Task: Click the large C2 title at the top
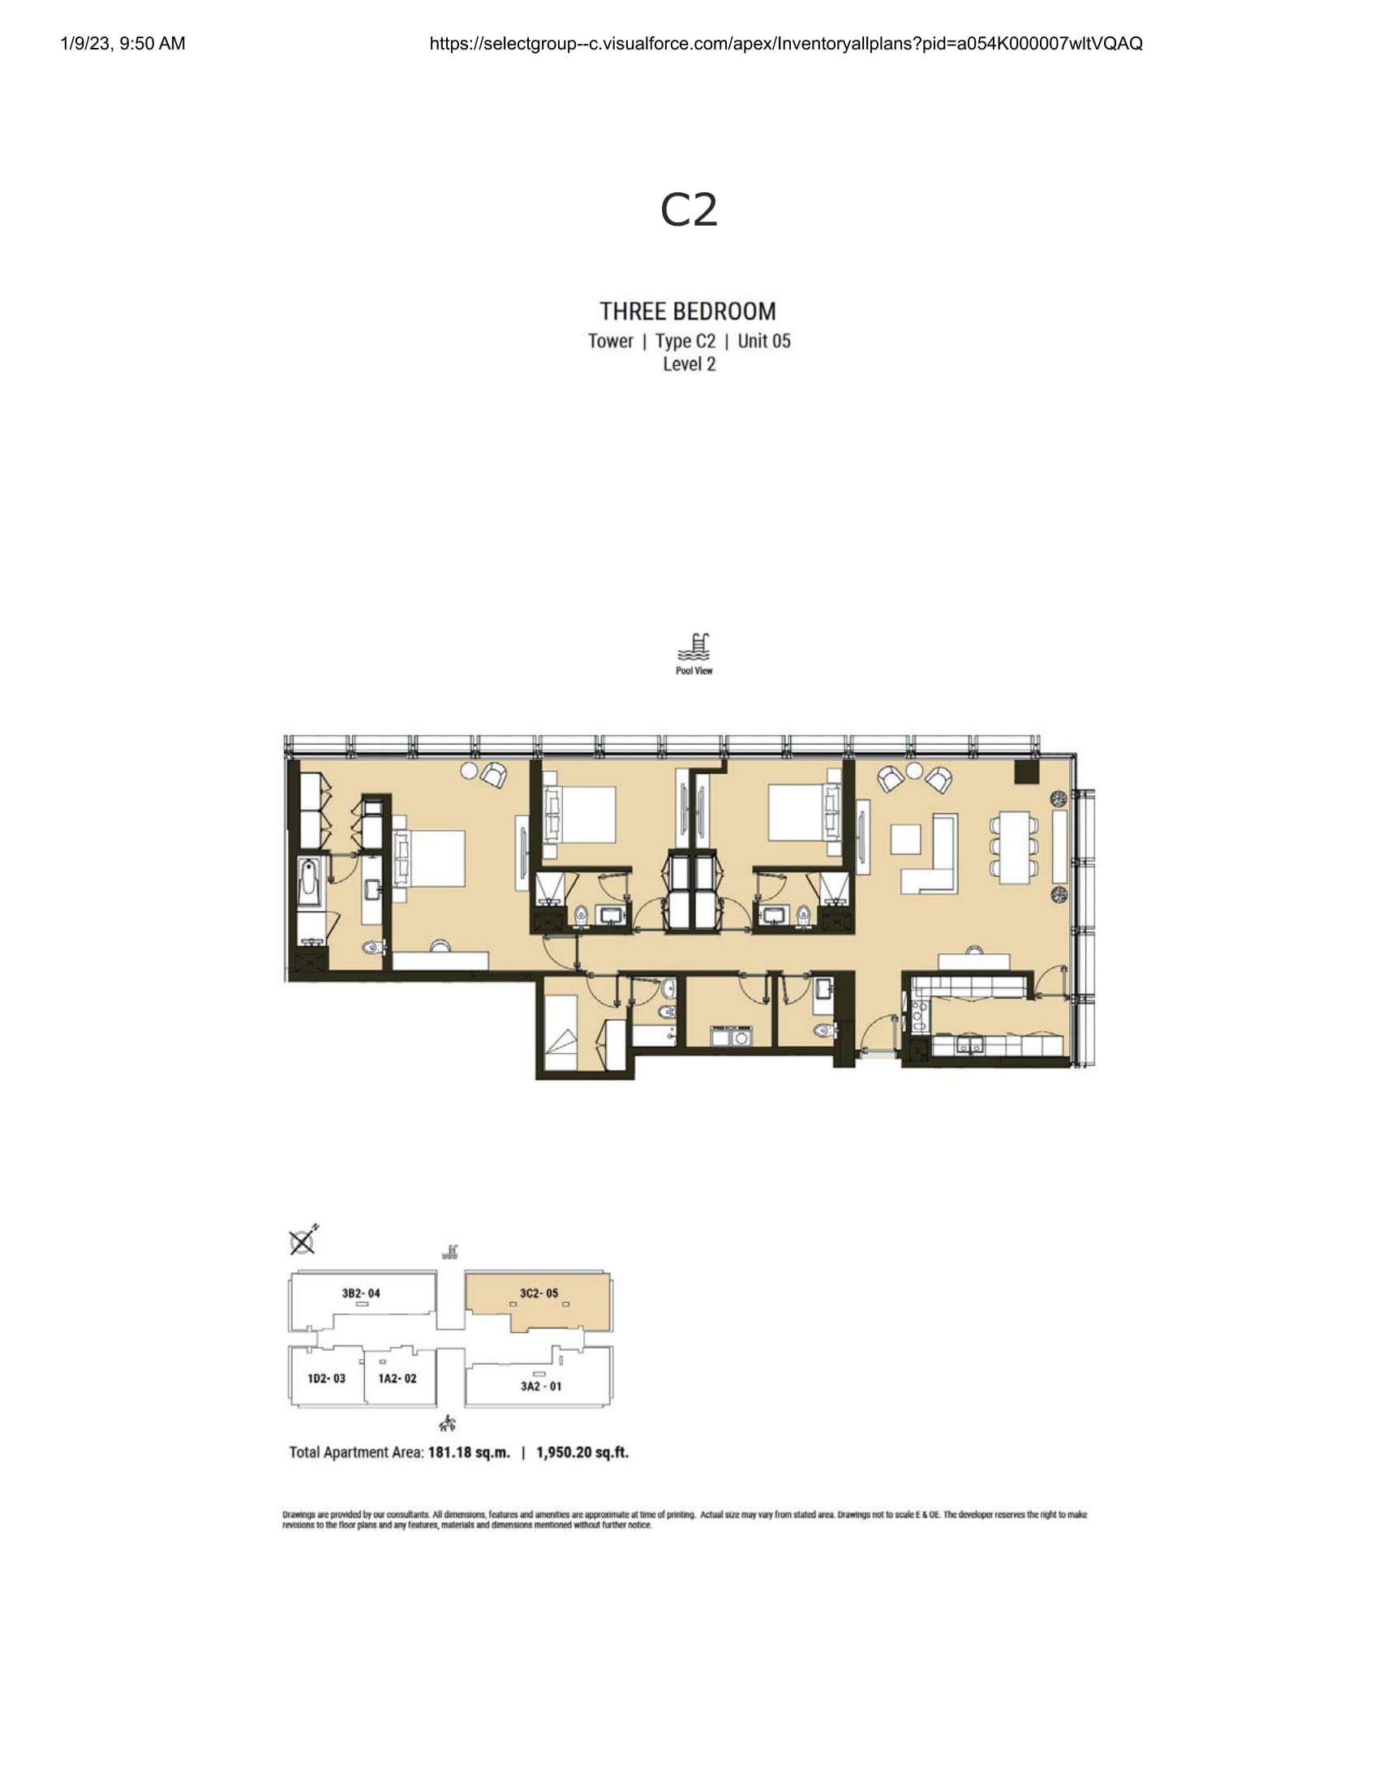(x=689, y=210)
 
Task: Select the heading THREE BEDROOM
(x=688, y=312)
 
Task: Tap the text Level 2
(x=689, y=364)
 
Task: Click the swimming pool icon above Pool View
(x=694, y=647)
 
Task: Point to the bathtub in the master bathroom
(x=310, y=883)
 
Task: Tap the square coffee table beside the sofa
(x=906, y=840)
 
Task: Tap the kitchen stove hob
(x=917, y=1017)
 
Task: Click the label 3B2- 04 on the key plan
(x=361, y=1294)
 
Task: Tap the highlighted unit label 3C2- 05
(x=539, y=1294)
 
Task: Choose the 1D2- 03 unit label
(x=327, y=1379)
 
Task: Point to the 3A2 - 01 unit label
(x=541, y=1386)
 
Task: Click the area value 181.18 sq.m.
(x=469, y=1452)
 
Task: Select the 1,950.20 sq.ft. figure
(x=582, y=1452)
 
